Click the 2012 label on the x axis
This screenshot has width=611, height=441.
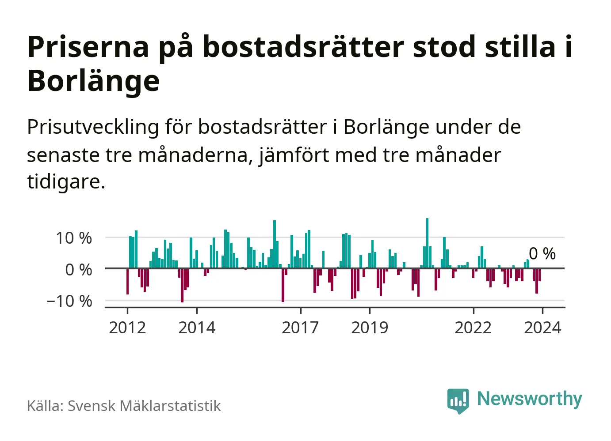coord(127,328)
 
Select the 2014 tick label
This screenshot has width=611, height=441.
coord(197,328)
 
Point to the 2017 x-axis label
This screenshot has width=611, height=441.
coord(300,328)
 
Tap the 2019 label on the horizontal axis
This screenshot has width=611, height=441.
coord(370,328)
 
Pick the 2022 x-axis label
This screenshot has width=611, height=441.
coord(473,328)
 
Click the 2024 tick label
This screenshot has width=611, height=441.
coord(542,328)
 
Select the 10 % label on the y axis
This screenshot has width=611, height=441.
coord(74,238)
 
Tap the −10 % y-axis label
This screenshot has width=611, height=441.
coord(69,302)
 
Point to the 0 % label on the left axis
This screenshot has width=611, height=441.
coord(79,270)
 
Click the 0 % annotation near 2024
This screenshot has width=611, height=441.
coord(542,254)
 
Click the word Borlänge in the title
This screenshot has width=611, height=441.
coord(93,81)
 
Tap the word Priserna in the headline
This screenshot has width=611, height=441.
coord(88,47)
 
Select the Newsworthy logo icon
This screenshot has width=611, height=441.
coord(458,400)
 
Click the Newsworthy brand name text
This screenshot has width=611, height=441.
coord(529,399)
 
